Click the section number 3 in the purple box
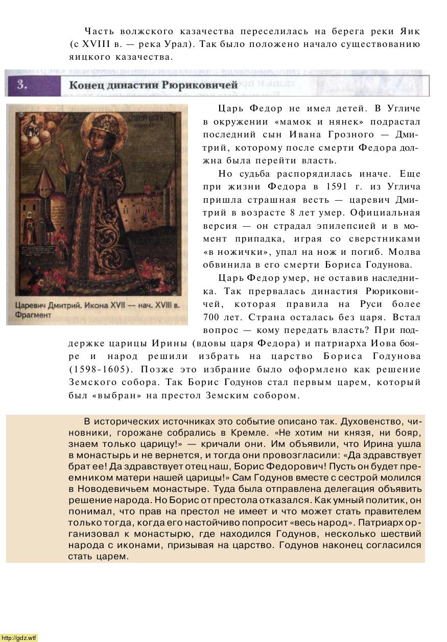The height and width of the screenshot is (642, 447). (21, 85)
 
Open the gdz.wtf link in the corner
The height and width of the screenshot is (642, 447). (19, 637)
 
